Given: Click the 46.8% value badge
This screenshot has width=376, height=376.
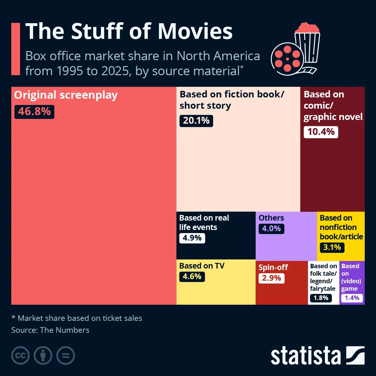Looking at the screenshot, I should click(x=34, y=112).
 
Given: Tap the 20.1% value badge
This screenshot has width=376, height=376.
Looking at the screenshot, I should click(x=196, y=121).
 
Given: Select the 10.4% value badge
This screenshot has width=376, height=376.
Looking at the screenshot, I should click(x=321, y=132).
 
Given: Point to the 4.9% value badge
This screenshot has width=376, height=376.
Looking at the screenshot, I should click(x=192, y=238).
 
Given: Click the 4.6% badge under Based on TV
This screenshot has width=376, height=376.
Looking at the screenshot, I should click(x=192, y=277).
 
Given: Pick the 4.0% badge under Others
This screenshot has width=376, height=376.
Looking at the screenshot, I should click(x=271, y=229).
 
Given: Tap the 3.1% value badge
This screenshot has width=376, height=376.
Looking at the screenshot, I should click(x=332, y=248).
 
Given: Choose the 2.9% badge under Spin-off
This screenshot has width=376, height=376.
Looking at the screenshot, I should click(x=271, y=278).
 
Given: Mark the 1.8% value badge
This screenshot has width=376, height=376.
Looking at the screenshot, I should click(x=321, y=298).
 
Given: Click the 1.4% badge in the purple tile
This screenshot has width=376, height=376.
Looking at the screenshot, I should click(x=352, y=298).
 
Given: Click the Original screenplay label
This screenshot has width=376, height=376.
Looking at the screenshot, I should click(x=66, y=95).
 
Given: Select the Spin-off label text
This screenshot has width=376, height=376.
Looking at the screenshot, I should click(x=273, y=267).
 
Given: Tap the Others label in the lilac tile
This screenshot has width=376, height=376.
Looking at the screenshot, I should click(x=271, y=218).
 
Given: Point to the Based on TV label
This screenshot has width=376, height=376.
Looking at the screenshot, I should click(x=202, y=266).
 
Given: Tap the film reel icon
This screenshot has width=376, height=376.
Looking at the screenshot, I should click(x=287, y=59).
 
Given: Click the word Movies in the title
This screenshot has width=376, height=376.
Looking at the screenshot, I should click(x=195, y=31).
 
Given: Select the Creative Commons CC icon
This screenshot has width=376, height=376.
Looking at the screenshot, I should click(x=20, y=356).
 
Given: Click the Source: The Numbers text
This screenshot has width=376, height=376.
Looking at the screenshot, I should click(x=50, y=330).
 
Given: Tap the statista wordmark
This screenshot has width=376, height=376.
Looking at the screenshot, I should click(x=305, y=356).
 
